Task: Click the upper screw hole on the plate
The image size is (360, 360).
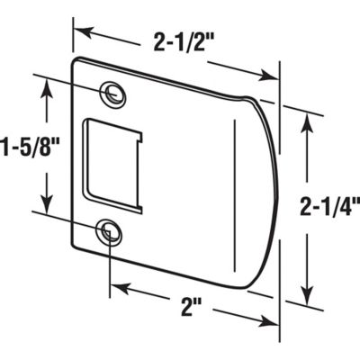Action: [x=113, y=92]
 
